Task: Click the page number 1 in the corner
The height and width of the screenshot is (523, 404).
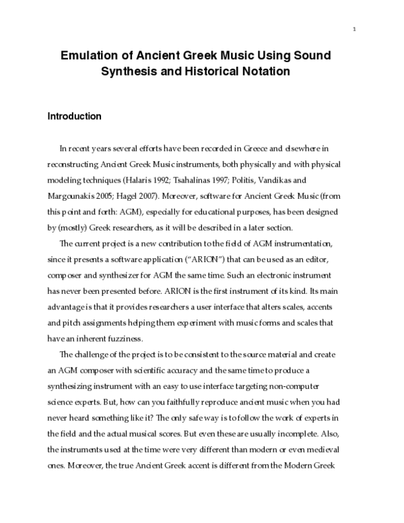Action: (x=354, y=28)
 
